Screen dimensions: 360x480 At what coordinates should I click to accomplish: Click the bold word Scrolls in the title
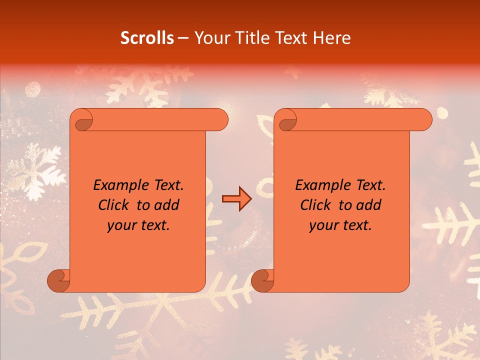147,38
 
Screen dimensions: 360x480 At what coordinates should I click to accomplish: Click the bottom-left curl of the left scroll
58,280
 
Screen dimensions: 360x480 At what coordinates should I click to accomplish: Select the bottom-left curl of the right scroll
262,280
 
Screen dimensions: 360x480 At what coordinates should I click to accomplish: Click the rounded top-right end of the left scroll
220,120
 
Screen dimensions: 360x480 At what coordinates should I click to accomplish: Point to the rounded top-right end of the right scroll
424,120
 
